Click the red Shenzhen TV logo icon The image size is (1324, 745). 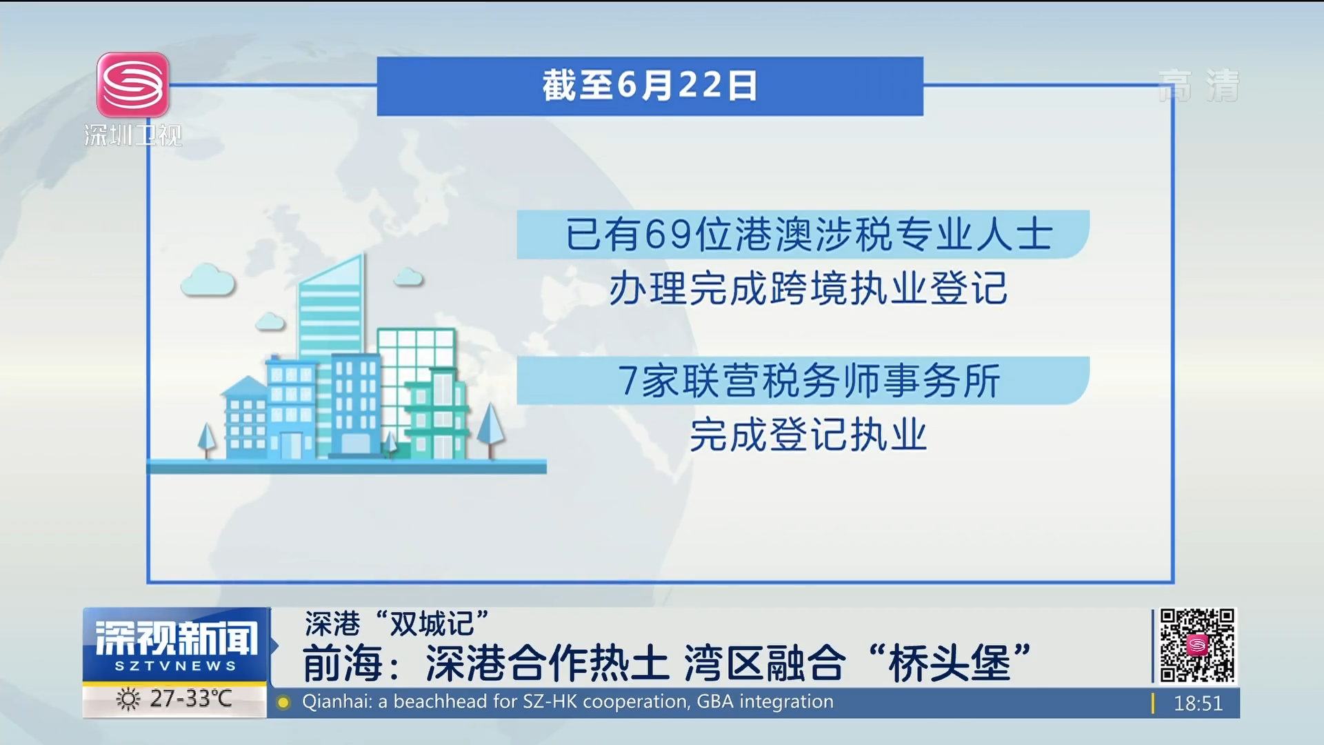coord(133,85)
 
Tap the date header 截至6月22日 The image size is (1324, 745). coord(650,86)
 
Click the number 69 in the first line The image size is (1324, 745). coord(668,235)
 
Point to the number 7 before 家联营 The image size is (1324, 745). coord(628,381)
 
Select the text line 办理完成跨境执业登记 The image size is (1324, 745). coord(808,288)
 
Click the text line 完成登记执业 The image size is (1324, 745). coord(808,435)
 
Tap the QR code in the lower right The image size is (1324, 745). coord(1197,645)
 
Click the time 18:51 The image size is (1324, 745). coord(1198,704)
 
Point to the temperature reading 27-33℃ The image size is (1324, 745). coord(191,699)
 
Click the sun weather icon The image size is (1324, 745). coord(128,699)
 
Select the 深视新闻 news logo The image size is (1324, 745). coord(176,644)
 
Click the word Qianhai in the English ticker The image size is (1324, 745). coord(337,702)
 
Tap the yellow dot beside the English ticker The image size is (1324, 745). coord(283,703)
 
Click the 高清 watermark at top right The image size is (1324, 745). coord(1198,86)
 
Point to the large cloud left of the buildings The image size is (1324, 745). coord(208,280)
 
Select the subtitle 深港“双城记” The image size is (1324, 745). coord(397,624)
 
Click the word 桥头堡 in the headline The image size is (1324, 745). coord(950,664)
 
